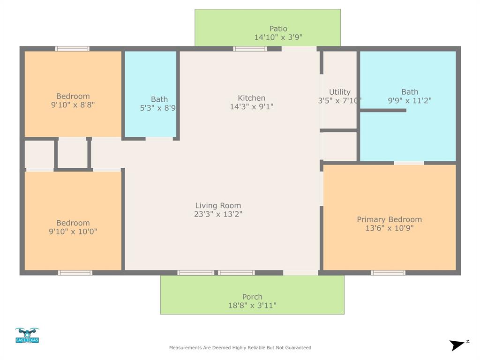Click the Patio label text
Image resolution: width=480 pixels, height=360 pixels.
(278, 29)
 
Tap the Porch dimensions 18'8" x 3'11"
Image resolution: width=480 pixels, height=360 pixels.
(252, 306)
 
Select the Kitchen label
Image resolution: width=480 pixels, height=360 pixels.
(252, 98)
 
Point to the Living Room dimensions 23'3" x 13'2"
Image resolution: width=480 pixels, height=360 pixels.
(218, 214)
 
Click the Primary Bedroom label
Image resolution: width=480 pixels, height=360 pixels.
(389, 219)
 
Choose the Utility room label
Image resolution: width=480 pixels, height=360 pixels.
(339, 92)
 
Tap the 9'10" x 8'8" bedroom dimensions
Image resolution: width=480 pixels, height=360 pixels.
(73, 105)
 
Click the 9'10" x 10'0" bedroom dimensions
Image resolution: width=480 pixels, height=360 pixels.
(73, 232)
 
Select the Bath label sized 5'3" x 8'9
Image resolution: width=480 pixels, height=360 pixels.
(159, 99)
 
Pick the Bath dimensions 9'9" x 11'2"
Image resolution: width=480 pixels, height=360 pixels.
(409, 100)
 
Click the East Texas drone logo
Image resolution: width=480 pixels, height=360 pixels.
(27, 336)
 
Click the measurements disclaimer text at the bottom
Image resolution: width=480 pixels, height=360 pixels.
(240, 348)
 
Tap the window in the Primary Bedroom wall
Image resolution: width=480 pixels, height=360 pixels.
(388, 272)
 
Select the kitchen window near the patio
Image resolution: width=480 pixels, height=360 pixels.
(250, 49)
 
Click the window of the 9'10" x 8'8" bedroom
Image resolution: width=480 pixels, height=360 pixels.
(72, 49)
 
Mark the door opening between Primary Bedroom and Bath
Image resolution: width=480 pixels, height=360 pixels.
(409, 163)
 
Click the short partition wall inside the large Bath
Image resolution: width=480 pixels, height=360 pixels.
(382, 110)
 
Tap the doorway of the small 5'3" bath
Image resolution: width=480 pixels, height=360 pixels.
(159, 139)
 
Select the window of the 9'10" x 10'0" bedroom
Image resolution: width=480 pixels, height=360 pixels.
(75, 272)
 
